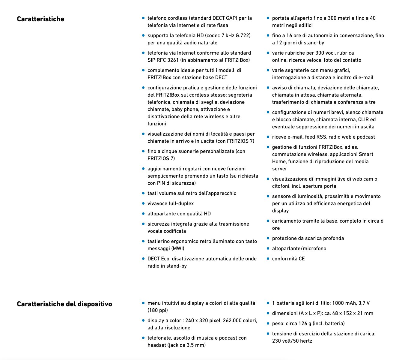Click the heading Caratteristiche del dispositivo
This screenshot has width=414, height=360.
point(64,304)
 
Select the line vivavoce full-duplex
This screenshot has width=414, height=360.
point(171,203)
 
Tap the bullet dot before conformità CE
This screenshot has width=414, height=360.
point(268,258)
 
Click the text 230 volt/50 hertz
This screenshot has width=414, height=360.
point(292,341)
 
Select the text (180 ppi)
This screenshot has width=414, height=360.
point(158,310)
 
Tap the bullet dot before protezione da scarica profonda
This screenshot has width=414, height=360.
point(268,238)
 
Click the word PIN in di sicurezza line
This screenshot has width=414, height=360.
point(160,183)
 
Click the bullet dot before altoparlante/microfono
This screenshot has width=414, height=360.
point(268,248)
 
